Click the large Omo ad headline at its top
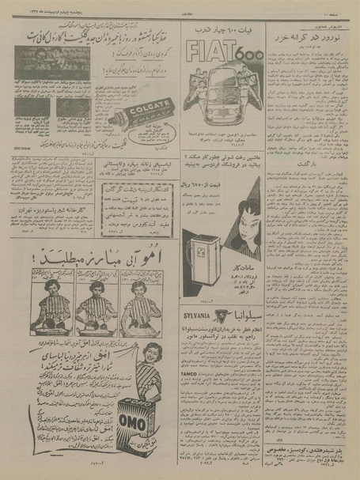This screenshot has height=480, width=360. pyautogui.click(x=95, y=255)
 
